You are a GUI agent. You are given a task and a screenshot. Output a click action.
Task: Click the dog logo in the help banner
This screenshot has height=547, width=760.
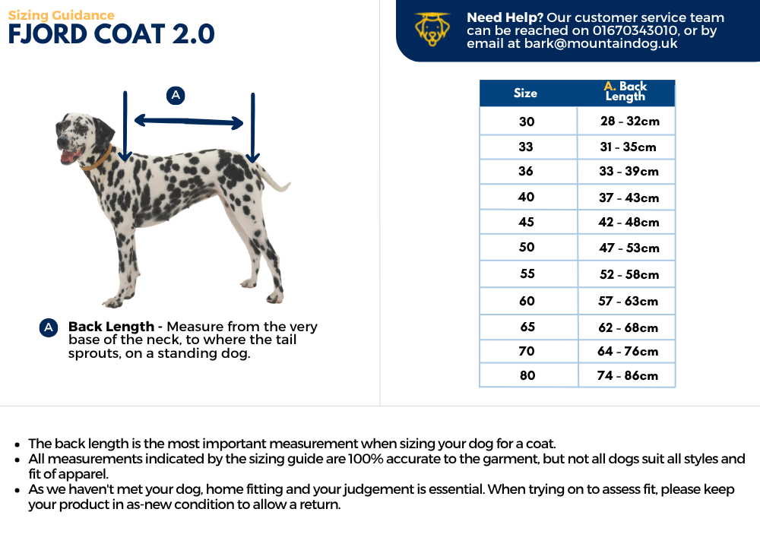[x=432, y=30]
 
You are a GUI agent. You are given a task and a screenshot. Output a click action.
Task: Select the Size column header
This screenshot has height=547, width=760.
[x=525, y=93]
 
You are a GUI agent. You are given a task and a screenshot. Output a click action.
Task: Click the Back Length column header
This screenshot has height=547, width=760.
[x=625, y=92]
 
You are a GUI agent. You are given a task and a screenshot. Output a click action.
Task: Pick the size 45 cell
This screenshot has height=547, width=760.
[x=526, y=222]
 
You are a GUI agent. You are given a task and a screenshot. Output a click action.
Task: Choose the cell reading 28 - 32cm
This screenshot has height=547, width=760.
[x=629, y=121]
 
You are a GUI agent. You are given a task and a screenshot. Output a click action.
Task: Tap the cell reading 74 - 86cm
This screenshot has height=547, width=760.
[x=628, y=375]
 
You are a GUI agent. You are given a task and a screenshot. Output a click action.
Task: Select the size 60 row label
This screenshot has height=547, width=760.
[x=527, y=301]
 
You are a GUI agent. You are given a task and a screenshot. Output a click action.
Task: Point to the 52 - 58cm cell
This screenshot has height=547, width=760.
[x=629, y=274]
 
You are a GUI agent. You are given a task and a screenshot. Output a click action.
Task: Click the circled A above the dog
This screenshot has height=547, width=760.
[x=176, y=95]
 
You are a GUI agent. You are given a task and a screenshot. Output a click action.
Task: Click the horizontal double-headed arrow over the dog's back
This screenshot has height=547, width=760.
[x=188, y=122]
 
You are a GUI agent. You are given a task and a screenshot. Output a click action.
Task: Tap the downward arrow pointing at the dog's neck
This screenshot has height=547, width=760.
[x=125, y=125]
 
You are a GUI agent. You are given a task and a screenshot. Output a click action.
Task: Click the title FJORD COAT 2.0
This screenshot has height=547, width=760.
[x=111, y=35]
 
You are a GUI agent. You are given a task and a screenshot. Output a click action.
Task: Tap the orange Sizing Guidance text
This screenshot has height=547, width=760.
[x=61, y=15]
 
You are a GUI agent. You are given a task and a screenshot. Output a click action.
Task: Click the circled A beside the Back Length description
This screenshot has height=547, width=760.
[x=48, y=327]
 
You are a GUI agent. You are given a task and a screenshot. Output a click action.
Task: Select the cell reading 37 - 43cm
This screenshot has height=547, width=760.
[x=629, y=198]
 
